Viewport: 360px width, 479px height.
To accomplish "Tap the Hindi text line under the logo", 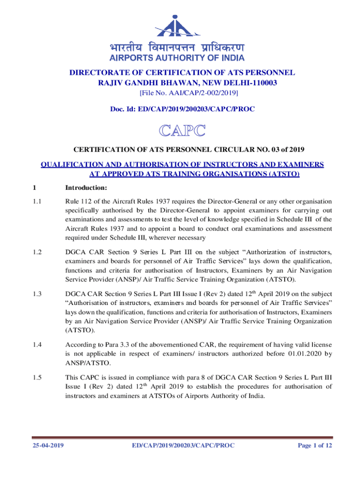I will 177,48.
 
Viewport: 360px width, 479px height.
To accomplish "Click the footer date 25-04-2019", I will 45,445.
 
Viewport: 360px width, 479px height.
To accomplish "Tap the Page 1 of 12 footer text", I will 315,445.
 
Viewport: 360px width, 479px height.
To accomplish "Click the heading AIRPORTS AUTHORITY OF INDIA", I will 177,58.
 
